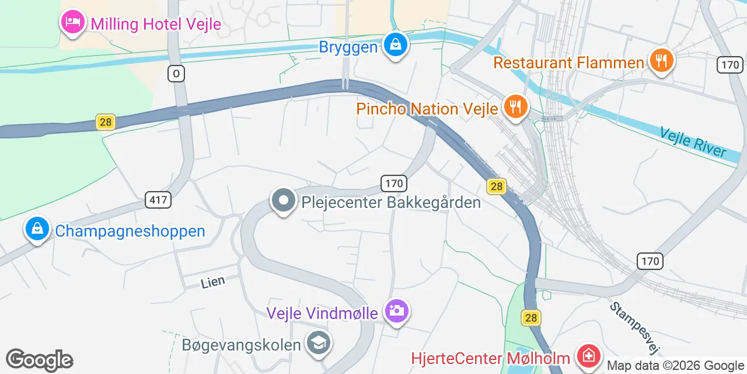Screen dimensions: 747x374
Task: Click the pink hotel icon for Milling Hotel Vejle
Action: [x=72, y=23]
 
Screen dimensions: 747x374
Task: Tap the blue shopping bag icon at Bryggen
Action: [x=396, y=44]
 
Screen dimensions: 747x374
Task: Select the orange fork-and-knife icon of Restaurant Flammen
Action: [x=661, y=60]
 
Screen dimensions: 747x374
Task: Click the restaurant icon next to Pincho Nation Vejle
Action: [x=515, y=106]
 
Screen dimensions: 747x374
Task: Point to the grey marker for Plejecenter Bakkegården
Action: [x=284, y=201]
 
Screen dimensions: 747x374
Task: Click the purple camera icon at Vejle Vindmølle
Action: [x=396, y=310]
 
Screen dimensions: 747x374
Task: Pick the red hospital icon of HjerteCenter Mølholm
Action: [x=588, y=355]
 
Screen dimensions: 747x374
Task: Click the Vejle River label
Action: [x=693, y=142]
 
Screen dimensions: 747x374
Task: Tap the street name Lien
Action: [x=212, y=282]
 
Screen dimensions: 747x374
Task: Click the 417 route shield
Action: [x=158, y=200]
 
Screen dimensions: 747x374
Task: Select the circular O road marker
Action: [x=176, y=73]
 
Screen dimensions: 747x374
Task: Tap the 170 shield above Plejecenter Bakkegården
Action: [x=393, y=183]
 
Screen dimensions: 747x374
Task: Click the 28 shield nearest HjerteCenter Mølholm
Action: [x=530, y=317]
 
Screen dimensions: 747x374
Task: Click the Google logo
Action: [x=40, y=360]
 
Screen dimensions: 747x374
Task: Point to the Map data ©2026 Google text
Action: [x=675, y=365]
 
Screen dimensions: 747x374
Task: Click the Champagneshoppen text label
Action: [x=130, y=231]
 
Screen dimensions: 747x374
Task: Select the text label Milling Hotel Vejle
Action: [x=155, y=24]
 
